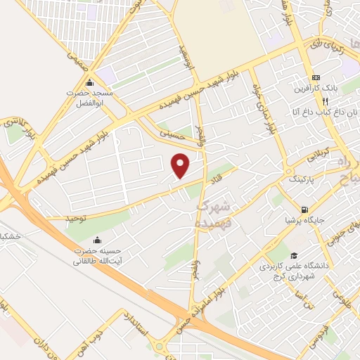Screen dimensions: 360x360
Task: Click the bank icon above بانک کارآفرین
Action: [316, 77]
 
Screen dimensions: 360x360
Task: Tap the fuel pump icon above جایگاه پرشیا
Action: [304, 209]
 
